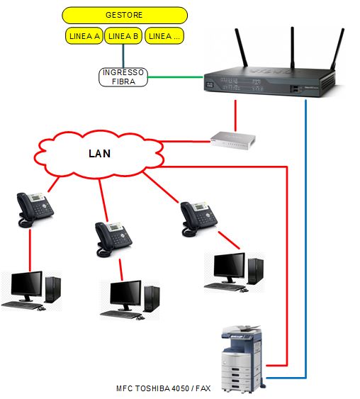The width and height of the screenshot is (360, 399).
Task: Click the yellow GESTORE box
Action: coord(125,16)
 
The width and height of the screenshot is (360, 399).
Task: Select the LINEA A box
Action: coord(84,36)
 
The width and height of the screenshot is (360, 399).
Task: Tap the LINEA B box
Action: coord(123,36)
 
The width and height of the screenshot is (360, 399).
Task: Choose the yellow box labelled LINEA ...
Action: coord(164,36)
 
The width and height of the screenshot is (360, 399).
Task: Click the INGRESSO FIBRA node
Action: coord(123,77)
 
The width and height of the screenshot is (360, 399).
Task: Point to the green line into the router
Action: coord(176,77)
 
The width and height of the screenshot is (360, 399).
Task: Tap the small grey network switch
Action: coord(232,140)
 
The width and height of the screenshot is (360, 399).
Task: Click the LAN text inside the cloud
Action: coord(99,154)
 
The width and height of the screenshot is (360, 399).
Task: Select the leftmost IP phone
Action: coord(34,210)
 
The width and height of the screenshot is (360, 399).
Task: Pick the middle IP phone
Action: coord(113,240)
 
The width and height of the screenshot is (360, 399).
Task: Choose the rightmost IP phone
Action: coord(198,219)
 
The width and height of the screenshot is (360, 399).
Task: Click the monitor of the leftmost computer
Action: coord(26,286)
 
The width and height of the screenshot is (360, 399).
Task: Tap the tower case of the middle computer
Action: coord(152,299)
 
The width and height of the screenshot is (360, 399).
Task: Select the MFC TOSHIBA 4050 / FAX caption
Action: coord(164,388)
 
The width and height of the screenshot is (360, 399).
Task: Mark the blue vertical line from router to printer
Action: coord(306,239)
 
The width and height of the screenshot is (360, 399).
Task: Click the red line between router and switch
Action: coord(235,116)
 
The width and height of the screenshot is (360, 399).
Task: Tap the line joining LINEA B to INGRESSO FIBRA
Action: coord(123,56)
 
